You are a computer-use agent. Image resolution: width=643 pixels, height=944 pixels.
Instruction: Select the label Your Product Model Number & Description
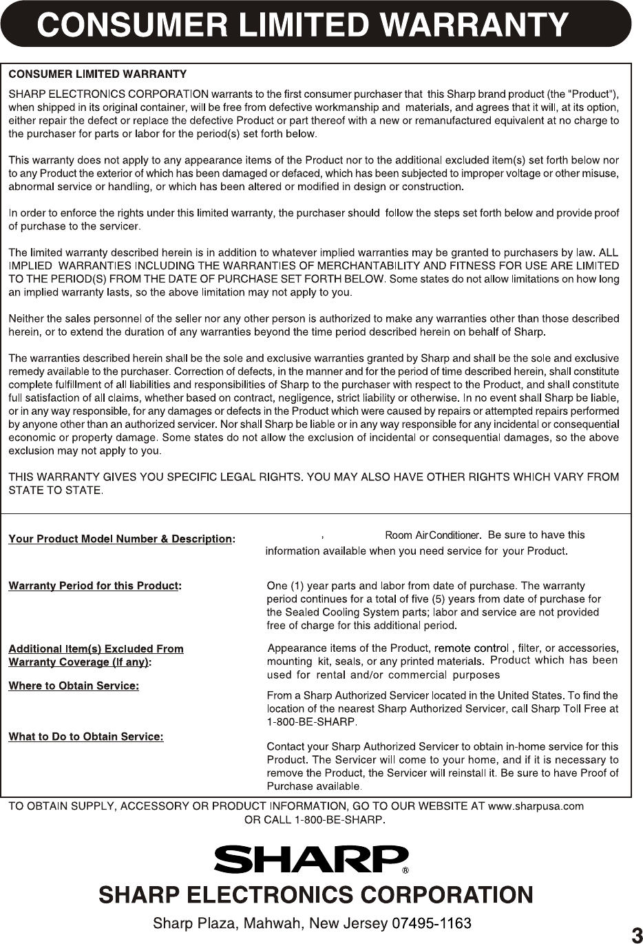pyautogui.click(x=120, y=539)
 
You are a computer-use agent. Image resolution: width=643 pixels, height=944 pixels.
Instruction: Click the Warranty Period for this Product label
pyautogui.click(x=94, y=586)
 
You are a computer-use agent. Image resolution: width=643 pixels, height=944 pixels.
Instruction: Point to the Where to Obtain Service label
pyautogui.click(x=73, y=686)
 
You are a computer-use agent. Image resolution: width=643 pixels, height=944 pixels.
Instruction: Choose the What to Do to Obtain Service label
pyautogui.click(x=85, y=737)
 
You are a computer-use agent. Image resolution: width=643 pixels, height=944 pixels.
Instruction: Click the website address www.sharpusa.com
pyautogui.click(x=536, y=806)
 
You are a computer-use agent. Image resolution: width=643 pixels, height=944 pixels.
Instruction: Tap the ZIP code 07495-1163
pyautogui.click(x=431, y=923)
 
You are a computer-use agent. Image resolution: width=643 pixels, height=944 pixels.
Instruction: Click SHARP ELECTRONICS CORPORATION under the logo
pyautogui.click(x=316, y=895)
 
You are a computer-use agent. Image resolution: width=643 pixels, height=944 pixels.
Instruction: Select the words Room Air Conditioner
pyautogui.click(x=432, y=535)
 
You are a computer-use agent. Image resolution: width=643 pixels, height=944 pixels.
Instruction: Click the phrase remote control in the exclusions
pyautogui.click(x=472, y=648)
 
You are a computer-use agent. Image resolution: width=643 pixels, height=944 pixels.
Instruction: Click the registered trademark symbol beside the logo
pyautogui.click(x=405, y=870)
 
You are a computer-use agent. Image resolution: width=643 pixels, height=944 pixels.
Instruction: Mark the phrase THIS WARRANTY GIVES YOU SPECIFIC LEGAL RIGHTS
pyautogui.click(x=155, y=477)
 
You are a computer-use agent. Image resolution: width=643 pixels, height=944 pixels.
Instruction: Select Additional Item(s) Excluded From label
pyautogui.click(x=96, y=648)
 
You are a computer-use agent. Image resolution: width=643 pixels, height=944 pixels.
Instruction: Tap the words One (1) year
pyautogui.click(x=295, y=586)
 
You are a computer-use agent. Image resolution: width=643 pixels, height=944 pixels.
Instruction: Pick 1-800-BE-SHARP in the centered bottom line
pyautogui.click(x=337, y=819)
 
